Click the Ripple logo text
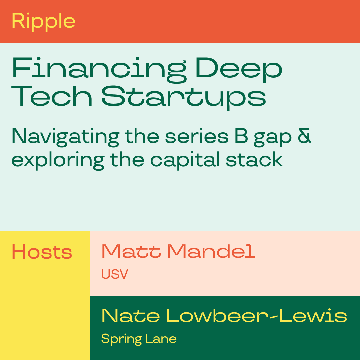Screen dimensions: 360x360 [43, 22]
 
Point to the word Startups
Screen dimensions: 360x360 [183, 98]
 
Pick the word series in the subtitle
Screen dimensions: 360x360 [197, 137]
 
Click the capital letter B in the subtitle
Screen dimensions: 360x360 [241, 136]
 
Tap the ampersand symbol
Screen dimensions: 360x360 [304, 136]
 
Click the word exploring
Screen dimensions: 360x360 [58, 160]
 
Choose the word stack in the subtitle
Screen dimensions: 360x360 [254, 159]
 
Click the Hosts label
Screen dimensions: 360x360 [42, 252]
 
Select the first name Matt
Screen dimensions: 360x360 [131, 251]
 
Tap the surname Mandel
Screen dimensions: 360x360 [211, 251]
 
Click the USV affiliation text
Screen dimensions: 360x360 [115, 274]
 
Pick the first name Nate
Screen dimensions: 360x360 [130, 316]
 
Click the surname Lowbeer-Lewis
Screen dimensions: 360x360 [256, 316]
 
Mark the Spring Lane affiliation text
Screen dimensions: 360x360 [139, 339]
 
